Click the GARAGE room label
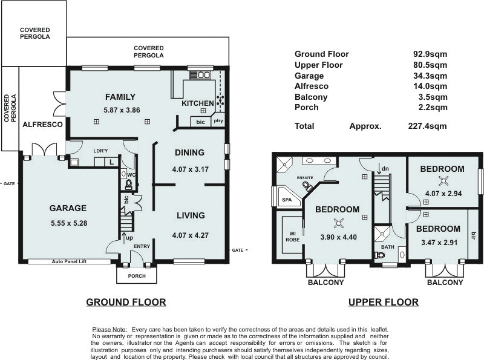(68, 208)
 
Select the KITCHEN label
(198, 103)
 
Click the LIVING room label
(191, 215)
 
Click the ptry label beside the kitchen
(218, 122)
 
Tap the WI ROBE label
(292, 235)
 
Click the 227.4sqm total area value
(428, 126)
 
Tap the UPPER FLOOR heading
(383, 302)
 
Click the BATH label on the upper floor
(387, 247)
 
